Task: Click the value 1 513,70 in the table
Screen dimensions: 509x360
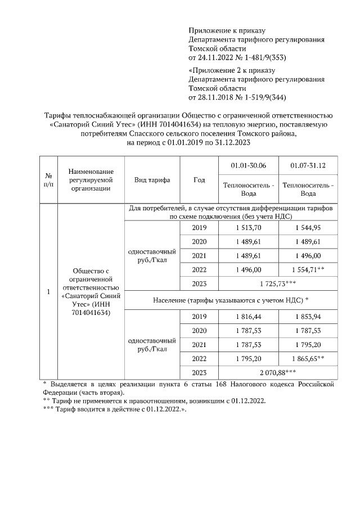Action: [x=248, y=227]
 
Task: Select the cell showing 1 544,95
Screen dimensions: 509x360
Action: [x=308, y=227]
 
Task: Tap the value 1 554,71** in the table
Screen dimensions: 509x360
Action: [x=308, y=269]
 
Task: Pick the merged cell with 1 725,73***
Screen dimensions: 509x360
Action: [x=278, y=283]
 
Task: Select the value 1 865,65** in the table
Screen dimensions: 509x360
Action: [x=308, y=358]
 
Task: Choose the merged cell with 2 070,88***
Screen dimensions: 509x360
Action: [x=278, y=372]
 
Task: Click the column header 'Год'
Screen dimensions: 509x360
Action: [x=199, y=180]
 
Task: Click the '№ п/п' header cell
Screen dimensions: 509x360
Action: [x=48, y=180]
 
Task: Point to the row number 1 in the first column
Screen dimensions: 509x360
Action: [x=48, y=291]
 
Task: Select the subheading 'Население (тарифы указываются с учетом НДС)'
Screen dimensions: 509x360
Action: [x=231, y=300]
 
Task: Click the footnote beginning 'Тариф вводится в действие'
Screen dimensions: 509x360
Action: [x=115, y=409]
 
